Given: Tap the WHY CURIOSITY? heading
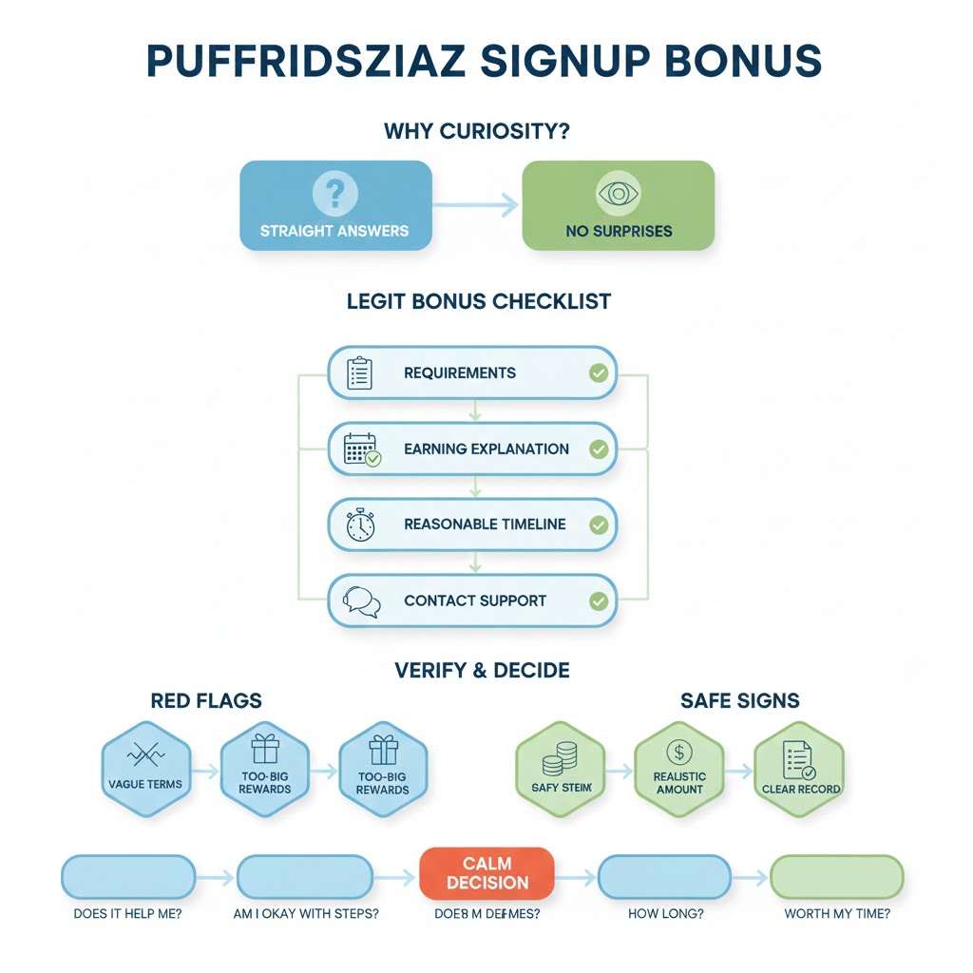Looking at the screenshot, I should click(476, 130).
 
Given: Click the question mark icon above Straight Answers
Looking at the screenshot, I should click(334, 194).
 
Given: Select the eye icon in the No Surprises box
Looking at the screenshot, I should click(618, 194).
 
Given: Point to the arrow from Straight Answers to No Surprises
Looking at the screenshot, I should click(477, 204).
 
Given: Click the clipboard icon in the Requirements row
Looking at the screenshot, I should click(360, 372).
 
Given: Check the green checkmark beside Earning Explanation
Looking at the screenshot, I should click(599, 448).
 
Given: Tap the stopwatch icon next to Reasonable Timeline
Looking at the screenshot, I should click(360, 525).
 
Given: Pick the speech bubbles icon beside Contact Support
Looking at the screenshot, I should click(361, 601).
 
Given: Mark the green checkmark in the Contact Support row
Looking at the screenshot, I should click(599, 601).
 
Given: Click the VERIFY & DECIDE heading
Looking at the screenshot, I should click(482, 670).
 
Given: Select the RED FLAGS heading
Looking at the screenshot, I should click(206, 701).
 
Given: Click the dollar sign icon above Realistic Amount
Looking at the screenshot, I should click(679, 753).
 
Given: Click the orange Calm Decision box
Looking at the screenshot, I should click(486, 873).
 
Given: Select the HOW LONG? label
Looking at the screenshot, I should click(666, 914).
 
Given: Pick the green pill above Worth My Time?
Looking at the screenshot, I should click(836, 876).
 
